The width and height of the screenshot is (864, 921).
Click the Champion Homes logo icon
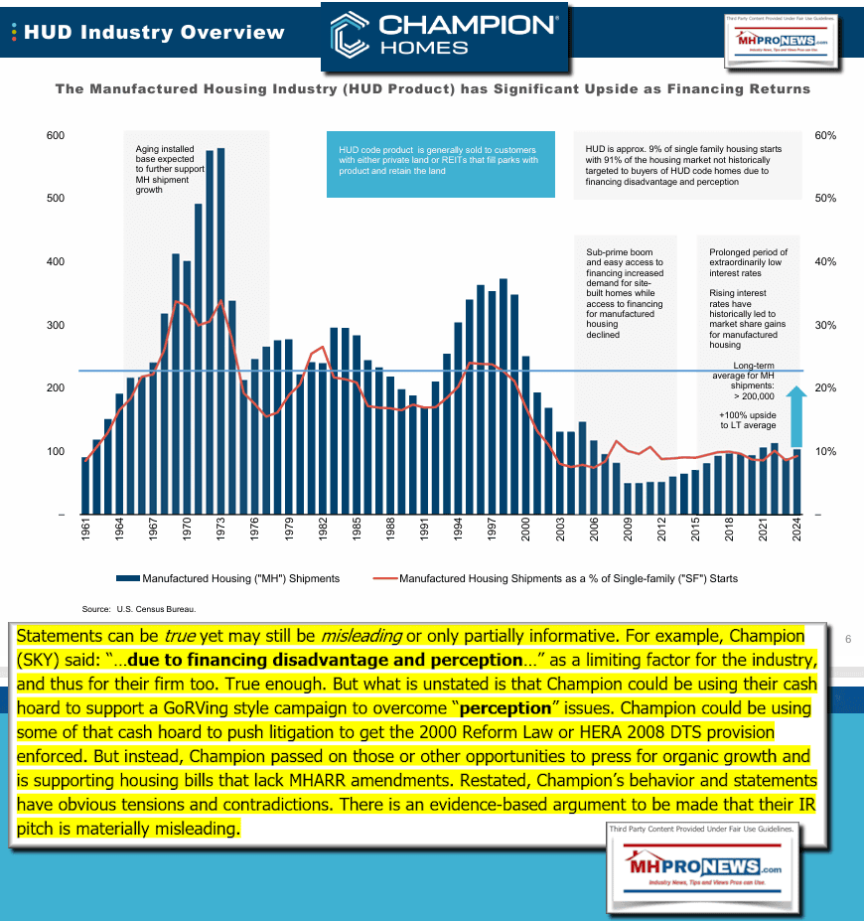click(351, 34)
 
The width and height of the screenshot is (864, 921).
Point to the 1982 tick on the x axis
click(323, 534)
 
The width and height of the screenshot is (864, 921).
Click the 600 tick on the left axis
click(56, 135)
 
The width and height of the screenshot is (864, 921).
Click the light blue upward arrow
click(796, 417)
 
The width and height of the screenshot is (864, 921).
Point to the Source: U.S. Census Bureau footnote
click(139, 607)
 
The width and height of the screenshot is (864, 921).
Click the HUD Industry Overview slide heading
click(154, 32)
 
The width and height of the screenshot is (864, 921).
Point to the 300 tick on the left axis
click(56, 325)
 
